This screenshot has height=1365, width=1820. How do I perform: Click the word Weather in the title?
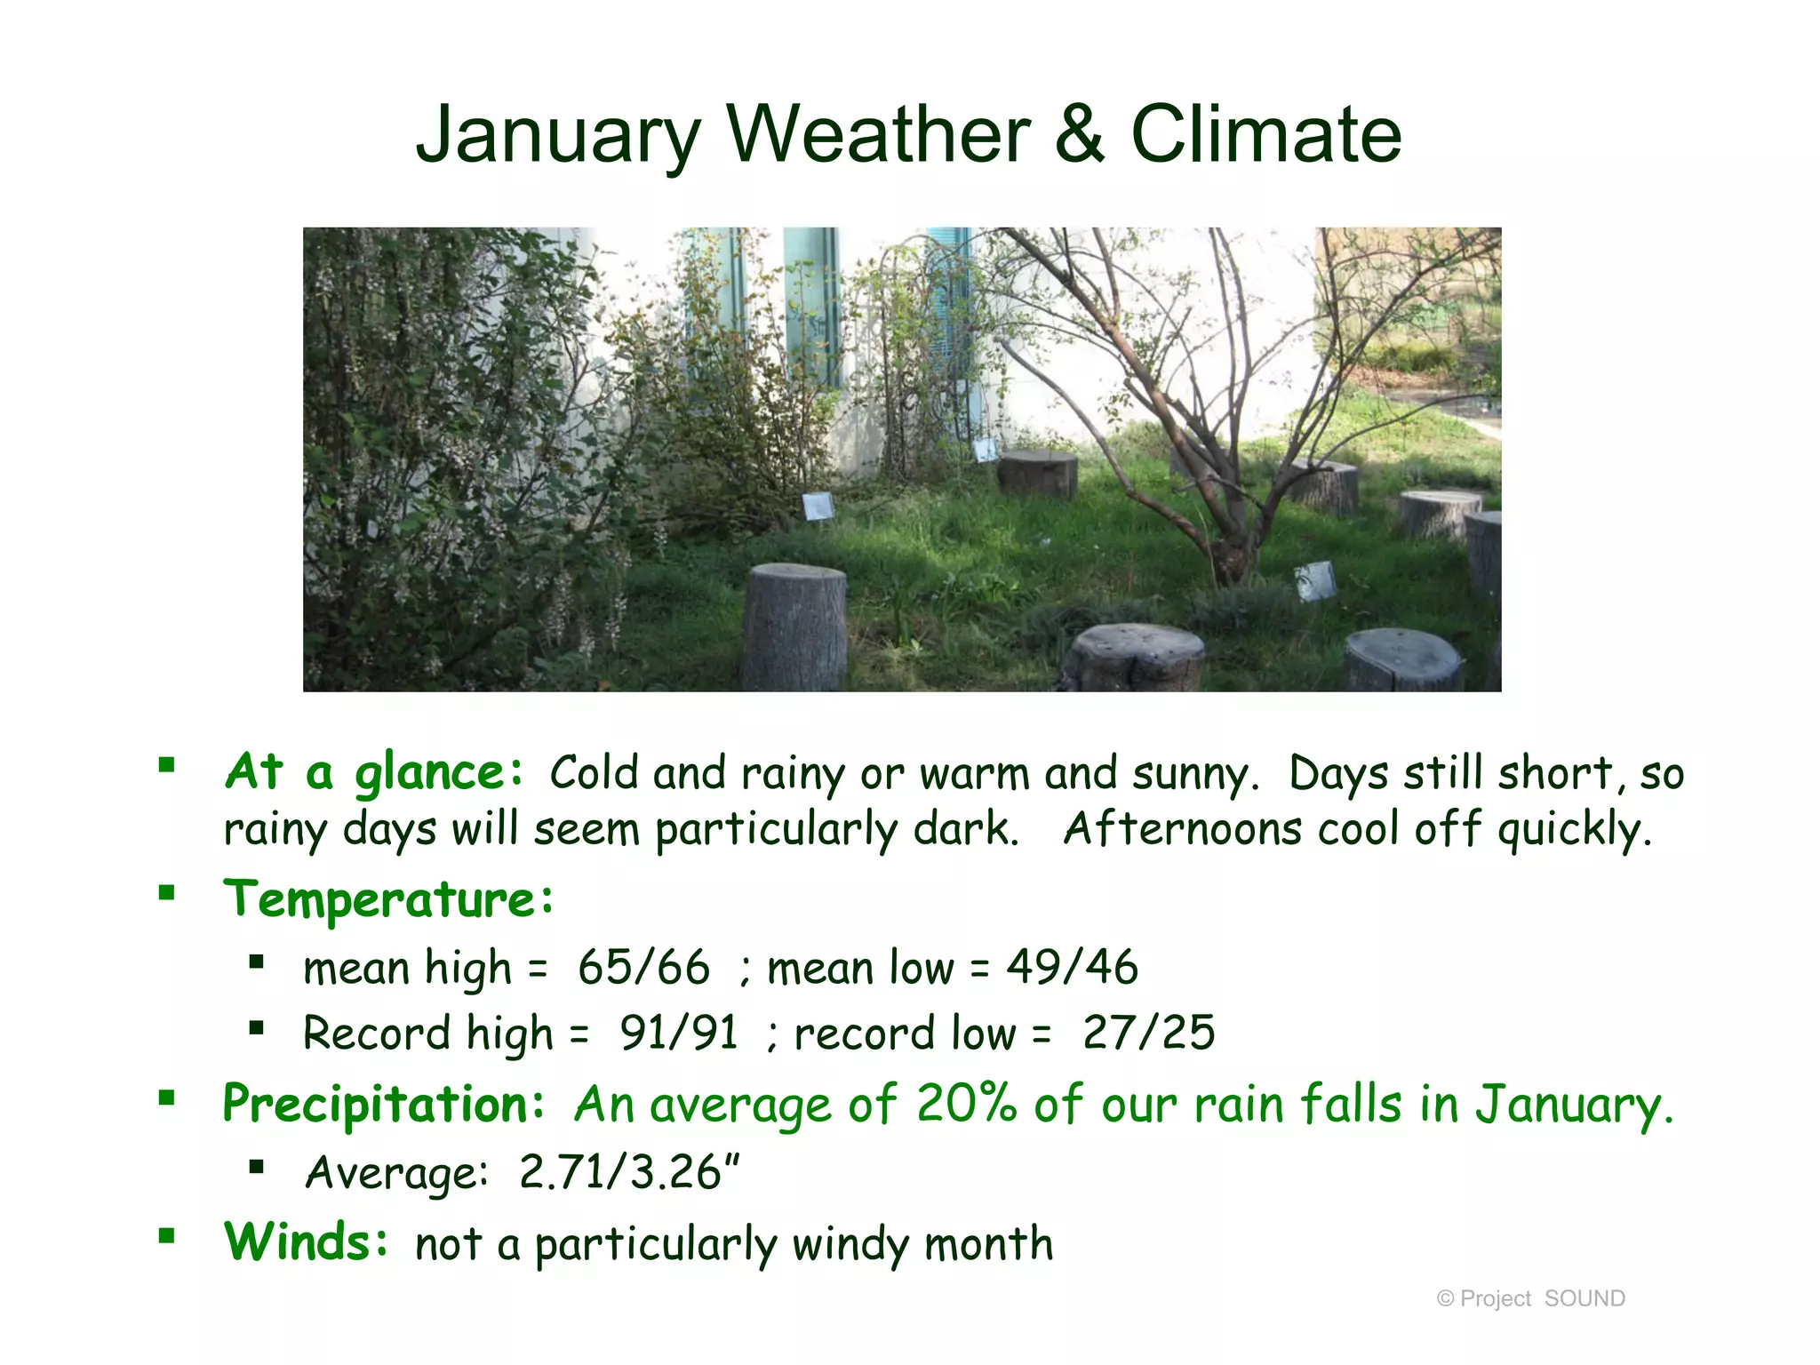pyautogui.click(x=878, y=135)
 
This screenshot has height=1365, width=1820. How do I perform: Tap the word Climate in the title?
pyautogui.click(x=1265, y=135)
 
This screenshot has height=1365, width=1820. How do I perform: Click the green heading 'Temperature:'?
pyautogui.click(x=388, y=899)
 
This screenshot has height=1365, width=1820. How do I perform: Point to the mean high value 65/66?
pyautogui.click(x=643, y=967)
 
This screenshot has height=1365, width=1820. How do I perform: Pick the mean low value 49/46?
pyautogui.click(x=1072, y=967)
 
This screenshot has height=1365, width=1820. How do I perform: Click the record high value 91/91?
pyautogui.click(x=678, y=1033)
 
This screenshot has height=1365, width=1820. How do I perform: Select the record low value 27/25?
pyautogui.click(x=1148, y=1033)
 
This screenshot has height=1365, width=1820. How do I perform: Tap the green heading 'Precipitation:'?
pyautogui.click(x=383, y=1105)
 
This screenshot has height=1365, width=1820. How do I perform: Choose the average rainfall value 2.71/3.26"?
pyautogui.click(x=629, y=1172)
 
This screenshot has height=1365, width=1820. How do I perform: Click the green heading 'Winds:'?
pyautogui.click(x=306, y=1242)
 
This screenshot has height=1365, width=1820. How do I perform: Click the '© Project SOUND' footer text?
pyautogui.click(x=1530, y=1298)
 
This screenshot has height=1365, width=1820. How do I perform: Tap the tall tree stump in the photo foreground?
pyautogui.click(x=794, y=627)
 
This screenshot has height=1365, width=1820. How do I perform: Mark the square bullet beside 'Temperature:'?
pyautogui.click(x=166, y=893)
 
